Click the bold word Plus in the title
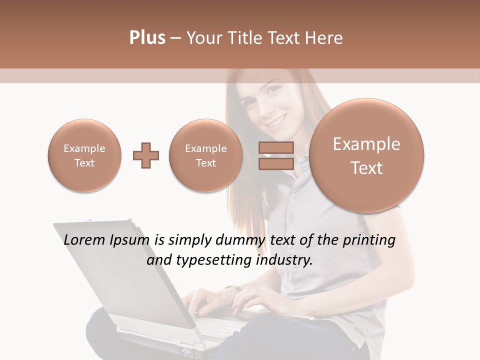coord(147,38)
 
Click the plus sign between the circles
coord(146,155)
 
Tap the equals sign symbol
coord(276,155)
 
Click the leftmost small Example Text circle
coord(84,155)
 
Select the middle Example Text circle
coord(205,155)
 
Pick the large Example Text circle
coord(366,155)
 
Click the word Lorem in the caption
coord(85,240)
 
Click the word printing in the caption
coord(368,240)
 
